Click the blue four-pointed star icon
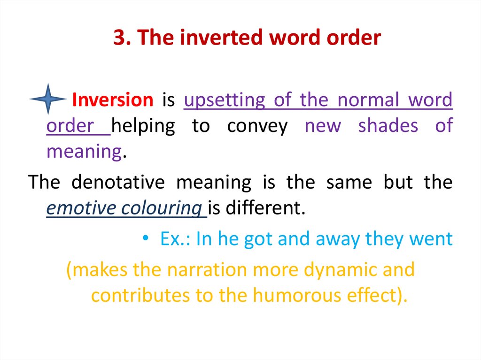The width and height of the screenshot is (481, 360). (x=47, y=99)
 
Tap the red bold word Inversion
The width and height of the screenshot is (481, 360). (x=113, y=100)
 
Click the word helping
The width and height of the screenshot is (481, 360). (x=144, y=126)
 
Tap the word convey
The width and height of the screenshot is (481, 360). (x=257, y=126)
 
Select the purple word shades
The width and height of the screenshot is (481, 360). (x=388, y=126)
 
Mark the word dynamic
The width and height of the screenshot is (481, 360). (x=341, y=270)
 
